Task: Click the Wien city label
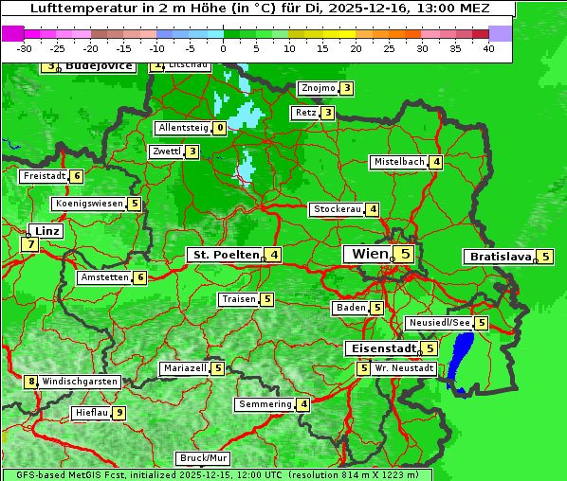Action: (x=369, y=254)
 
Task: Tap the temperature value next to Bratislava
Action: (x=545, y=257)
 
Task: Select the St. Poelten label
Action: (x=223, y=255)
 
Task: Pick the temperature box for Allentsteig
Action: (x=220, y=128)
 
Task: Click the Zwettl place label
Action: (x=166, y=151)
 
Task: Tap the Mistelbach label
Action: (x=398, y=162)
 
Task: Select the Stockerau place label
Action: (x=337, y=209)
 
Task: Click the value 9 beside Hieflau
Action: (x=119, y=413)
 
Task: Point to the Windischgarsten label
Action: (x=80, y=382)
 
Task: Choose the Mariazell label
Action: (x=184, y=368)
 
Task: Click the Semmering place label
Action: (x=265, y=404)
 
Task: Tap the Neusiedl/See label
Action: (x=439, y=323)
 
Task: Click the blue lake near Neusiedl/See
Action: (x=462, y=360)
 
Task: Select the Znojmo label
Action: (x=318, y=88)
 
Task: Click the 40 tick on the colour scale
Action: (x=488, y=48)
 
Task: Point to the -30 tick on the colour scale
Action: (x=25, y=48)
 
